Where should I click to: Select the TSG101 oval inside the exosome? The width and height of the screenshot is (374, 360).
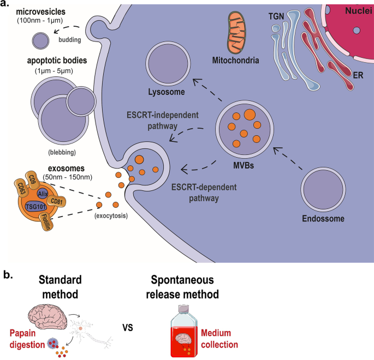(x=35, y=206)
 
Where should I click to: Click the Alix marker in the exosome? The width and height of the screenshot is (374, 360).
(x=44, y=193)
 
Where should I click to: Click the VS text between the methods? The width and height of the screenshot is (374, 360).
(x=127, y=328)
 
